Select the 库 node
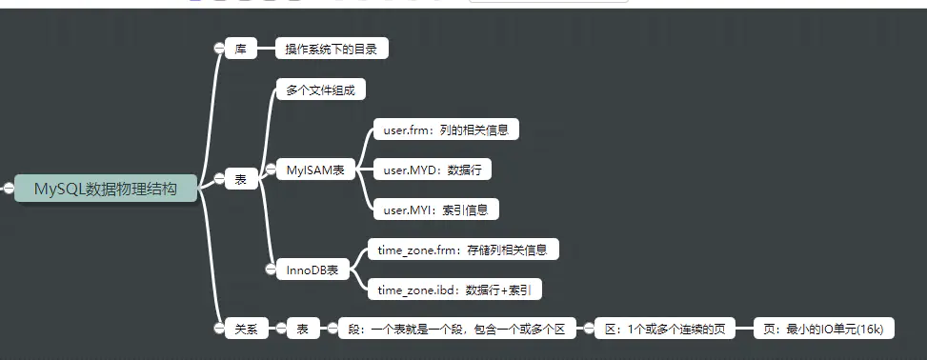point(241,49)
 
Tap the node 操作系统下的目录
point(332,49)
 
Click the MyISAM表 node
point(314,170)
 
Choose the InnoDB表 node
point(312,270)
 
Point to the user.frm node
point(445,130)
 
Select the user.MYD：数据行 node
point(432,170)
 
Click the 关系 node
point(245,330)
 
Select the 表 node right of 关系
point(302,330)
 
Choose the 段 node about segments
point(456,330)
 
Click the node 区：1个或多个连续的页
point(665,330)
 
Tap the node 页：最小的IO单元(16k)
point(823,330)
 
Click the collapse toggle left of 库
point(219,49)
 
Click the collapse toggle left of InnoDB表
point(271,270)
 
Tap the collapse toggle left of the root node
point(7,189)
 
